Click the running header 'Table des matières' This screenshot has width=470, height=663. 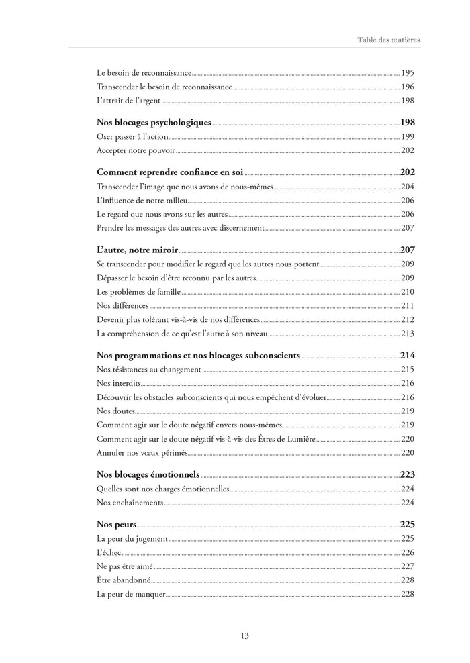coord(389,40)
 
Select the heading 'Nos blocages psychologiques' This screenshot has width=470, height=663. coord(154,123)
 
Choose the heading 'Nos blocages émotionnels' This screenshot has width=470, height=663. coord(148,474)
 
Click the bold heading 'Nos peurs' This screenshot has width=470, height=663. coord(116,524)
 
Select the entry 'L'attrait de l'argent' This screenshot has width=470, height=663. coord(129,101)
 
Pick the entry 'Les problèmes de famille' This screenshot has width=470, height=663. coord(138,291)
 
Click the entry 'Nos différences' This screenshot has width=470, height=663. coord(122,305)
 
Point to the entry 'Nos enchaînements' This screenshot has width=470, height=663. coord(130,502)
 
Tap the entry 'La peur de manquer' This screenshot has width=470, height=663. coord(131,594)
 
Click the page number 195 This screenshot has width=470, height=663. coord(408,72)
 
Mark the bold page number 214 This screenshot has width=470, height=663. coord(408,355)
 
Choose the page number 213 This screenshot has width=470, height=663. coord(408,334)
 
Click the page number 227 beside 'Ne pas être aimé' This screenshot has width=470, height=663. coord(408,566)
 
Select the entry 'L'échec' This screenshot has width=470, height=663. coord(109,552)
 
